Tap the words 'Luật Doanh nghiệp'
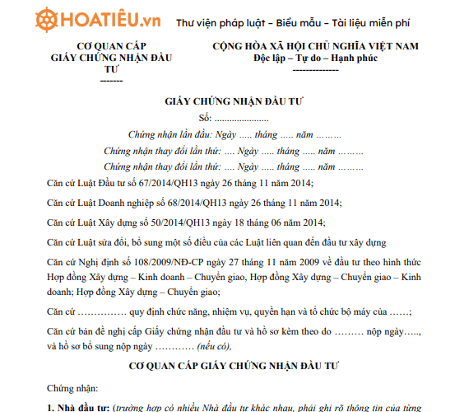click(119, 203)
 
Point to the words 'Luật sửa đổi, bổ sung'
click(132, 241)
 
